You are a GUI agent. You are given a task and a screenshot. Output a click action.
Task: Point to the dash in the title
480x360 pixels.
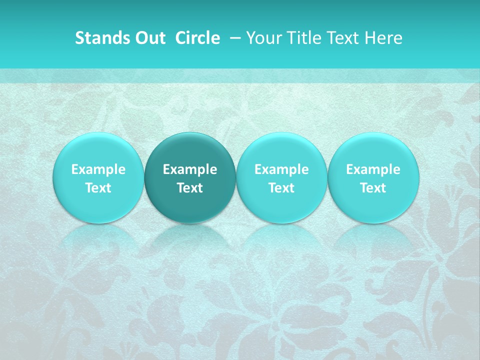tap(234, 38)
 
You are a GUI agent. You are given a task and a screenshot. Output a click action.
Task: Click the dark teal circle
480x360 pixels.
tap(190, 177)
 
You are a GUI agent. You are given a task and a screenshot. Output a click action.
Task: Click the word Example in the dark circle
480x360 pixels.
tap(190, 169)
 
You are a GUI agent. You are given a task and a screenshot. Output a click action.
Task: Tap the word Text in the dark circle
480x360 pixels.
tap(190, 188)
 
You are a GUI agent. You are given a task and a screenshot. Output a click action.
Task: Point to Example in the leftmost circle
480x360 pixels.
tap(98, 169)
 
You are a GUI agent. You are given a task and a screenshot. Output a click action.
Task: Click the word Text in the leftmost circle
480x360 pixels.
tap(98, 188)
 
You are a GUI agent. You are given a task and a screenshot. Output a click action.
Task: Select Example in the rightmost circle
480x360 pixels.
tap(373, 169)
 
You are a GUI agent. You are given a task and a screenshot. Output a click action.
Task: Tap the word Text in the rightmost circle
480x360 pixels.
tap(373, 188)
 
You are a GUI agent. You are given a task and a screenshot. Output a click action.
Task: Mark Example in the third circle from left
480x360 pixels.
tap(281, 169)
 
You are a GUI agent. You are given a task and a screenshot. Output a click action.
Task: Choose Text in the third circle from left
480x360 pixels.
tap(281, 188)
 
